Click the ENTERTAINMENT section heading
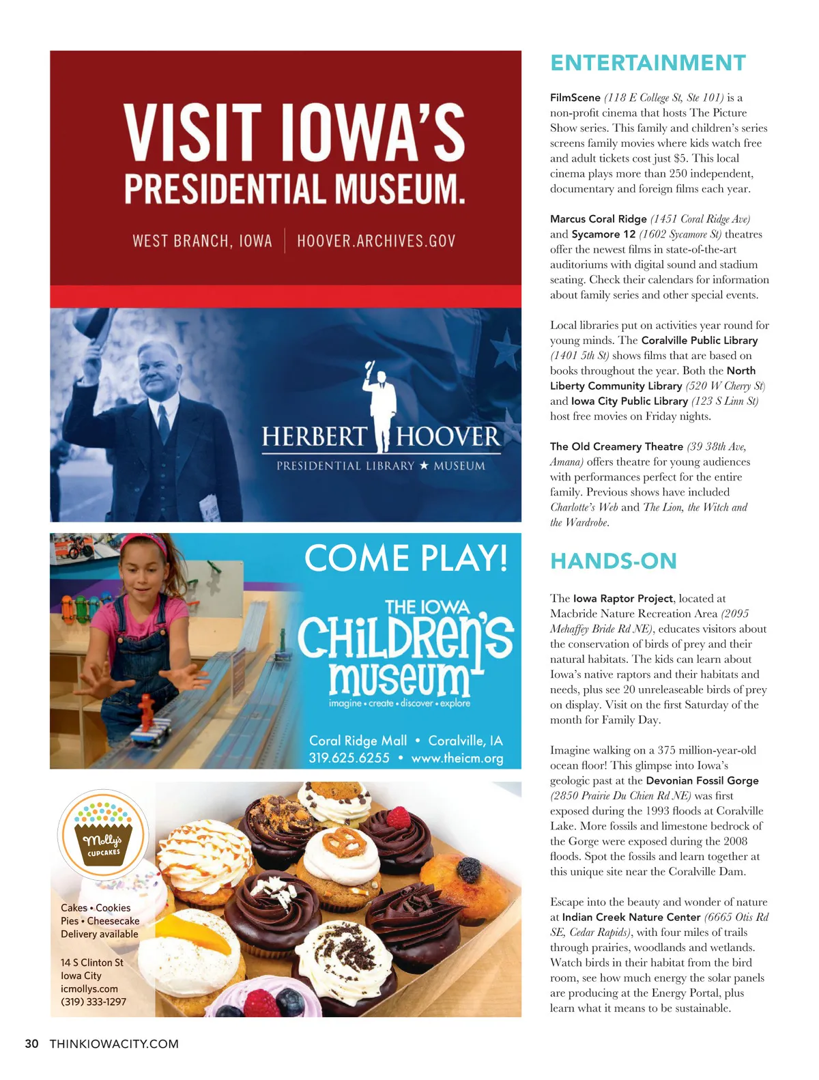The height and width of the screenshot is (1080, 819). (x=648, y=63)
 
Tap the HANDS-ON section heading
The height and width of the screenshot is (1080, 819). (x=613, y=561)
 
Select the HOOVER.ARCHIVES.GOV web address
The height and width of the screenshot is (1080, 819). (x=376, y=241)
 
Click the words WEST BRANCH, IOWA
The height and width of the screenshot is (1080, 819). (x=202, y=241)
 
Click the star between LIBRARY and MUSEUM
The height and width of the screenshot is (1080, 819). (x=424, y=466)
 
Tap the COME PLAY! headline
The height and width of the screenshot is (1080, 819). (x=406, y=558)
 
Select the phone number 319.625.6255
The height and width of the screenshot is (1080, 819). (x=349, y=758)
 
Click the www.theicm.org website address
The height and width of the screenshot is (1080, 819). (x=457, y=758)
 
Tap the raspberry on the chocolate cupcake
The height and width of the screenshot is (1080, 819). (x=398, y=816)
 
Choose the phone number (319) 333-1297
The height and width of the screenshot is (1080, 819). (x=94, y=1001)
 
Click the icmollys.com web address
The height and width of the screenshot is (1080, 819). (x=89, y=989)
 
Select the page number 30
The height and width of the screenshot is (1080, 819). (x=31, y=1044)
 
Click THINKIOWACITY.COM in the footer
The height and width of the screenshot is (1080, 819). (x=114, y=1044)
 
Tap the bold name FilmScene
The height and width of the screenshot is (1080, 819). (x=575, y=98)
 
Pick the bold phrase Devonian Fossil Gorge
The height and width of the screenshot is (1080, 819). (x=702, y=780)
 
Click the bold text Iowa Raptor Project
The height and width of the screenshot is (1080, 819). (x=622, y=598)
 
